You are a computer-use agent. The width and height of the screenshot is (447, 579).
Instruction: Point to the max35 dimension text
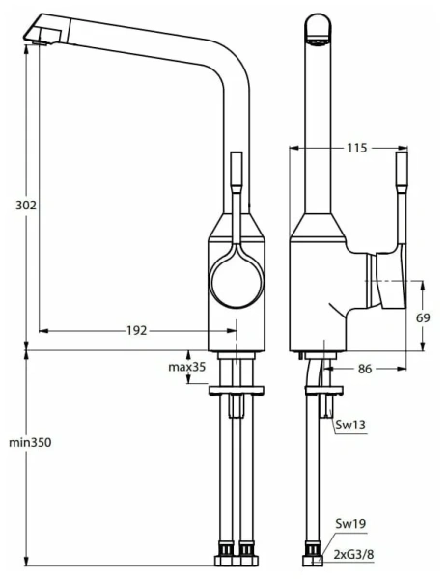187,367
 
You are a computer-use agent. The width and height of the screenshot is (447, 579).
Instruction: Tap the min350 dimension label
29,442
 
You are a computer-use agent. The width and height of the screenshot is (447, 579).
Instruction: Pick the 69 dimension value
423,317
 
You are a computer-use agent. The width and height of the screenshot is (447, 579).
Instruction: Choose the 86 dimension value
366,368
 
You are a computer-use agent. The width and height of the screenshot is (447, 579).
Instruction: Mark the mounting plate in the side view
322,390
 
